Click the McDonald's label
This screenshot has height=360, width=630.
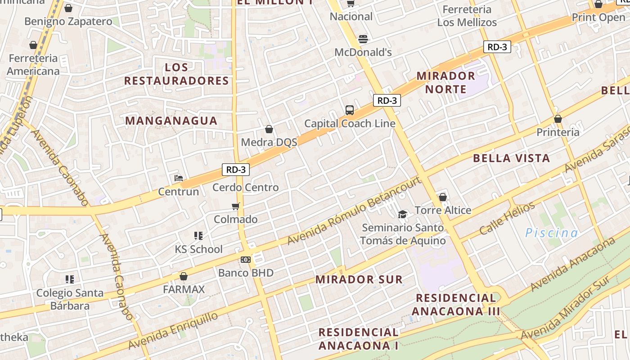(x=363, y=52)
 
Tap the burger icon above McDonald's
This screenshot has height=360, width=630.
(x=363, y=39)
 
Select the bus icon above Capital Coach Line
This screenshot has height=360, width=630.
(x=350, y=110)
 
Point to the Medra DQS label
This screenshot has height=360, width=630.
(x=269, y=143)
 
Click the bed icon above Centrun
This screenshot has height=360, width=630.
(x=179, y=178)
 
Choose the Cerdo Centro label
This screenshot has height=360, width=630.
(x=246, y=187)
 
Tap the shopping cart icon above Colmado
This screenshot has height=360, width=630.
(x=235, y=207)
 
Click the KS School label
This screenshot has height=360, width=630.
(x=199, y=249)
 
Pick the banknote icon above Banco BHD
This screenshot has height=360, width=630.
(x=246, y=260)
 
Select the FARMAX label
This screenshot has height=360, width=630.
(x=184, y=289)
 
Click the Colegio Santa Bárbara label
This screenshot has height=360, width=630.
(x=70, y=299)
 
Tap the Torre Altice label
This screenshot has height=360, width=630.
(x=443, y=210)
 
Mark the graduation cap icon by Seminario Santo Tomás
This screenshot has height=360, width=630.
(x=402, y=214)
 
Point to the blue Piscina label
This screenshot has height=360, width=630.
(x=551, y=233)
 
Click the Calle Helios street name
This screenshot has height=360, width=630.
(x=507, y=219)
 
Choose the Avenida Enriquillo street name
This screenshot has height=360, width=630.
(x=173, y=330)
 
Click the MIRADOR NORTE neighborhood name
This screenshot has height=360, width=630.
(x=445, y=82)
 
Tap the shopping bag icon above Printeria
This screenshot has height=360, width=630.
(x=558, y=119)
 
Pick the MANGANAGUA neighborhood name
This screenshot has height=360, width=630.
(x=171, y=121)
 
